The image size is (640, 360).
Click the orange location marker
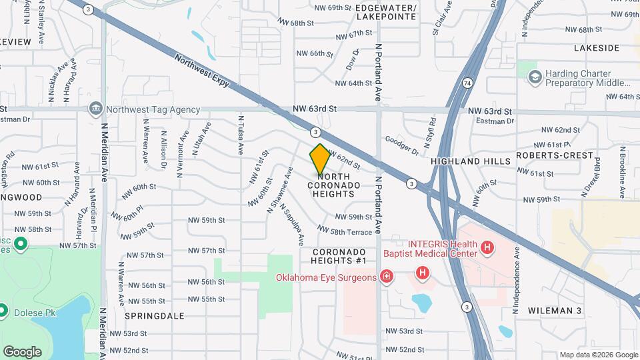[320, 159]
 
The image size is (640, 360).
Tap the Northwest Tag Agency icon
[96, 109]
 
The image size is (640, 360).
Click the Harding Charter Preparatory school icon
[534, 78]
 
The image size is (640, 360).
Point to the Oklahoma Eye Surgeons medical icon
[385, 276]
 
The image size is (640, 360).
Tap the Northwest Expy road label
[202, 71]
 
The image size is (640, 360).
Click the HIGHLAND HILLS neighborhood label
[471, 161]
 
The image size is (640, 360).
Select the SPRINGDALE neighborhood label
[153, 316]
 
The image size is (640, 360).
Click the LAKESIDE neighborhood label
[597, 48]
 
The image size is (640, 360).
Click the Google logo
[22, 351]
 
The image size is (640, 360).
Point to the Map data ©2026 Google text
[598, 355]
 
